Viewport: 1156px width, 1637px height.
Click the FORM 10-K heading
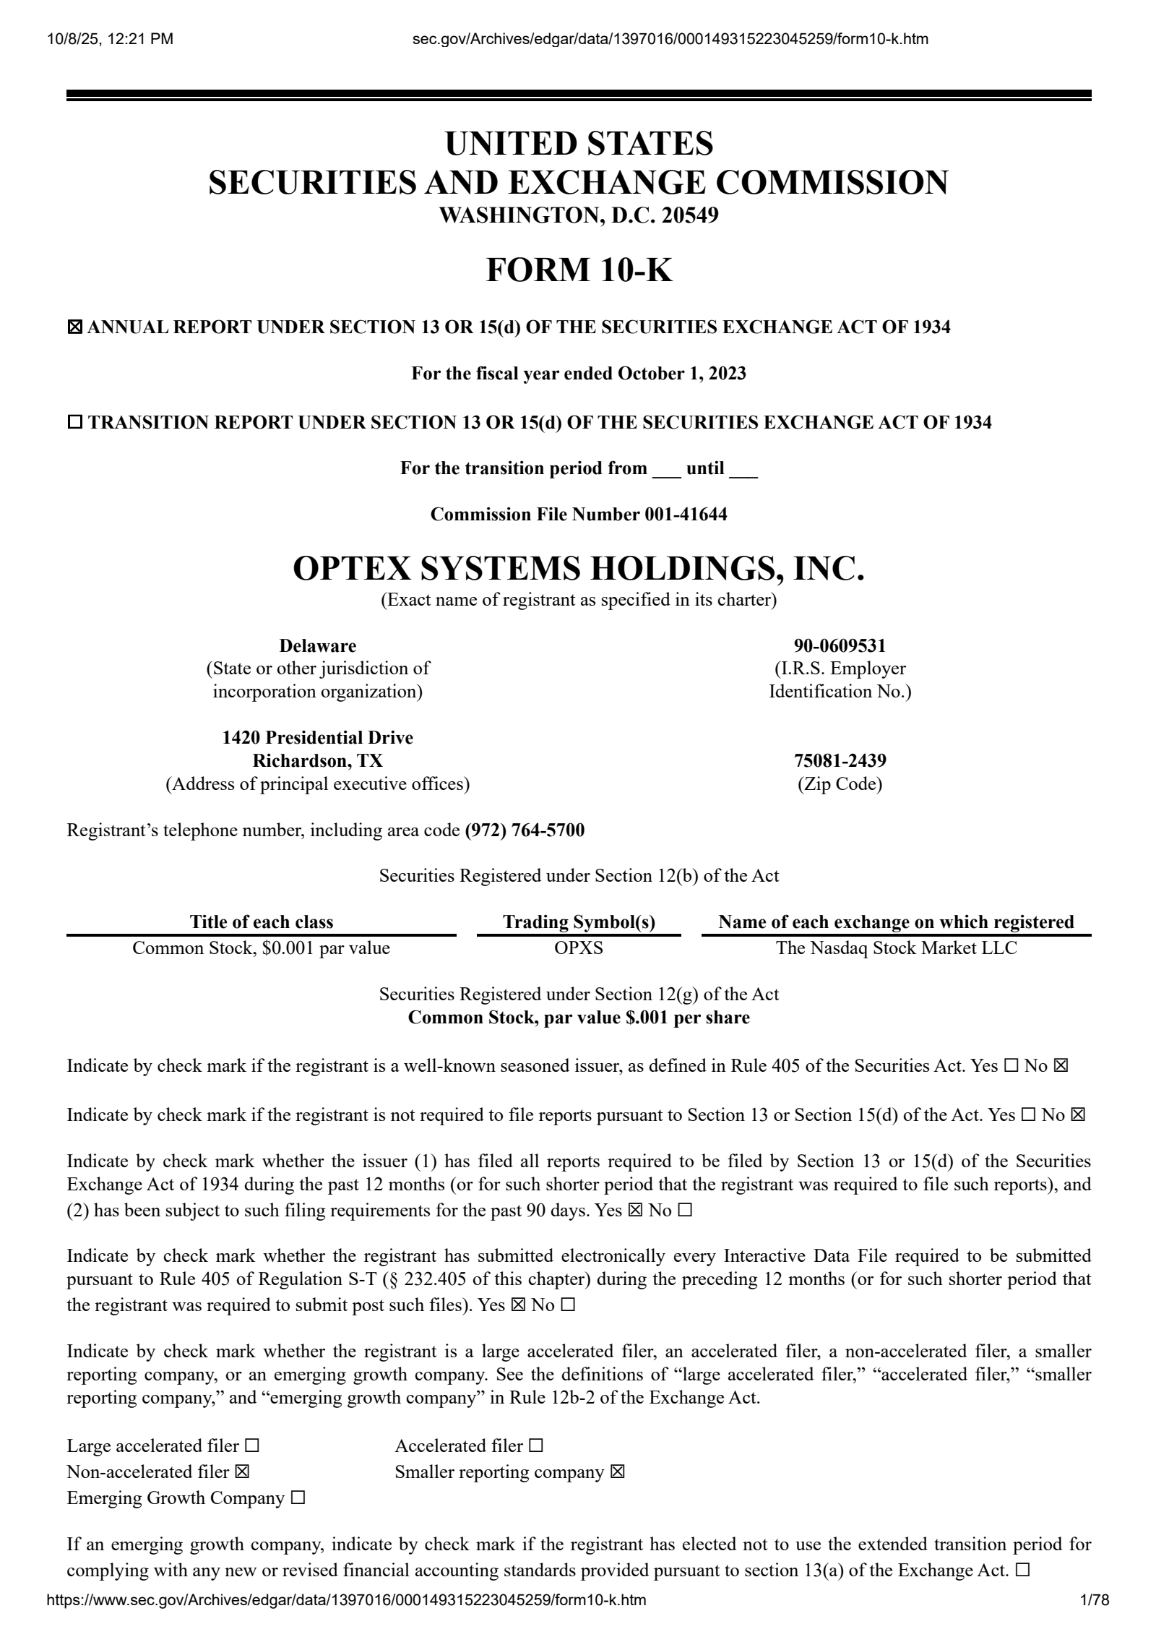tap(579, 270)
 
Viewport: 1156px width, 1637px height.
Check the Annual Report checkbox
tap(74, 327)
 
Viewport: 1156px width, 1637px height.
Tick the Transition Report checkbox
tap(75, 423)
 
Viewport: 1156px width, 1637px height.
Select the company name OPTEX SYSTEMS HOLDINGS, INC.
tap(579, 568)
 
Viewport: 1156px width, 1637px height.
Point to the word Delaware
tap(318, 645)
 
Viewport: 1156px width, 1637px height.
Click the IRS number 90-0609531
tap(840, 645)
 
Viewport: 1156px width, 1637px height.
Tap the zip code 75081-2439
tap(840, 760)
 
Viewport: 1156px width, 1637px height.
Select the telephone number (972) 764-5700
tap(525, 830)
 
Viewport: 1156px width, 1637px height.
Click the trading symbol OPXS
tap(579, 948)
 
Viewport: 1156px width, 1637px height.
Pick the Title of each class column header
tap(262, 921)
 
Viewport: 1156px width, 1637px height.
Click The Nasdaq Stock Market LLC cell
tap(896, 948)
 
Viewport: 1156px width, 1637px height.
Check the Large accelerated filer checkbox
tap(251, 1445)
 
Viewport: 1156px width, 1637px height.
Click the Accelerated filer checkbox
tap(535, 1445)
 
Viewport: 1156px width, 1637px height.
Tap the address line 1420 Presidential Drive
tap(318, 737)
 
